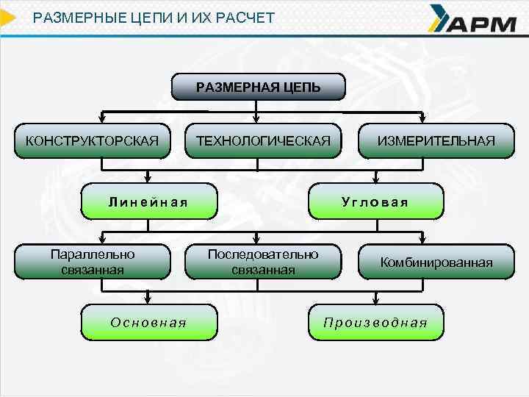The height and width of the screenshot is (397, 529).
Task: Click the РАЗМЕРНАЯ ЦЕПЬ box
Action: click(258, 87)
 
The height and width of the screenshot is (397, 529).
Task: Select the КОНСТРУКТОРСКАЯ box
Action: click(92, 140)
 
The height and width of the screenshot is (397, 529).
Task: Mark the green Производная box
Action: click(375, 322)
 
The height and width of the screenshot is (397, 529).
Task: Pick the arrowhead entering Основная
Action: click(148, 299)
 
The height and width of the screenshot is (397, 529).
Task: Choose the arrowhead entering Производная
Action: click(376, 299)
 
